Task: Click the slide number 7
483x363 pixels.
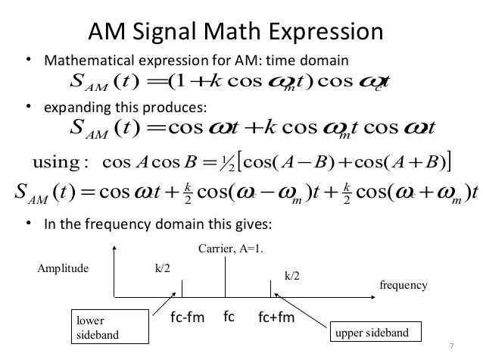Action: tap(452, 346)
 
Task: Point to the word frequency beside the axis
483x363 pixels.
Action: tap(404, 285)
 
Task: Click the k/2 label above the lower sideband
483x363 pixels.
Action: tap(161, 268)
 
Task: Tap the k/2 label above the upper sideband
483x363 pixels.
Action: tap(291, 277)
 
